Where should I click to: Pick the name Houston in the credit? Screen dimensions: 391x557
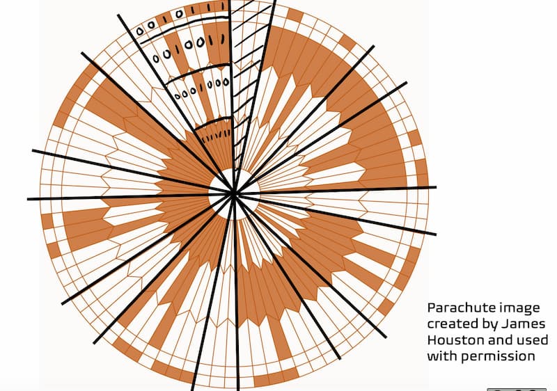click(450, 340)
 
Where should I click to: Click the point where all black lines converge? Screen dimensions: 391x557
click(235, 193)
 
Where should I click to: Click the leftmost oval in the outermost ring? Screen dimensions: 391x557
click(140, 31)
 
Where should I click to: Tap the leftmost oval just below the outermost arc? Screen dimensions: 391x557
click(166, 53)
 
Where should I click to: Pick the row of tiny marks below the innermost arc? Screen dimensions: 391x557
click(216, 131)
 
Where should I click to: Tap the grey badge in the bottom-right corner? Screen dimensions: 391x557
click(516, 388)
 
